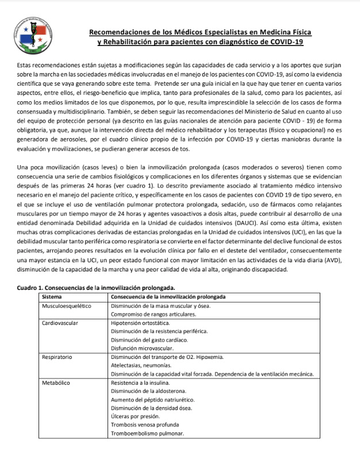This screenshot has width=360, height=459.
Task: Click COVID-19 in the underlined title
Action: click(287, 43)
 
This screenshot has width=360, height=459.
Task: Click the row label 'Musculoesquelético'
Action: click(67, 306)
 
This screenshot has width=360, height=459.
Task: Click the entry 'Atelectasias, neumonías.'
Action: click(143, 365)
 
